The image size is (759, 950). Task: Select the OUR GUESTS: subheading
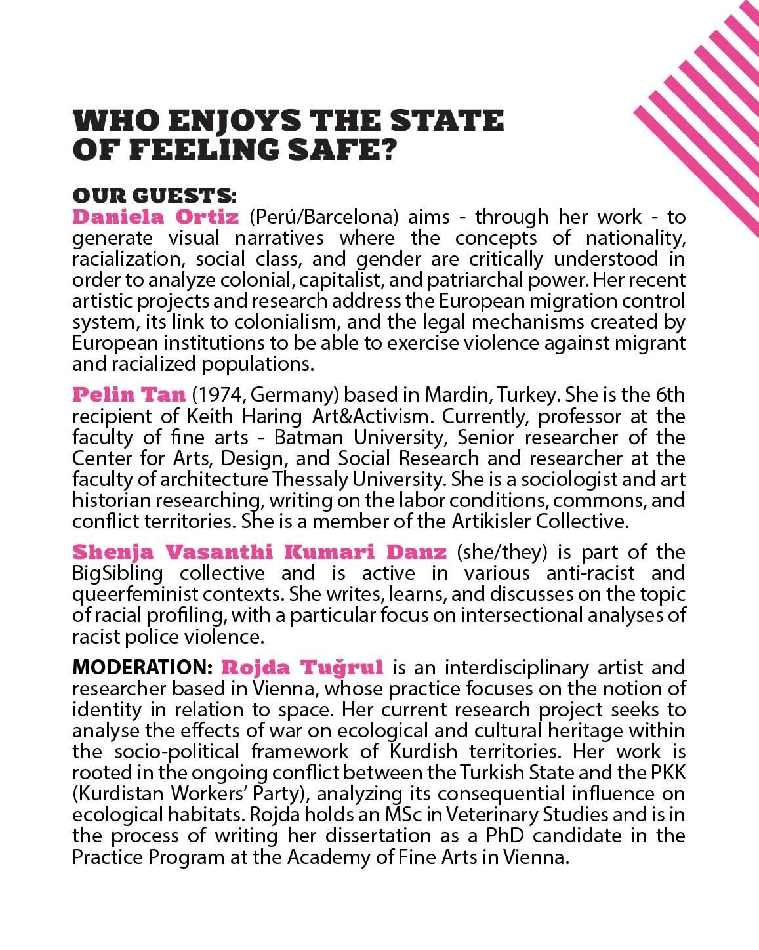155,196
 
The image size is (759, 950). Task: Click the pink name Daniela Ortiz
155,217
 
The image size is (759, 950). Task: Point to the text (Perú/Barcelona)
324,217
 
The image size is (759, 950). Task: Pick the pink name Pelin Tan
129,394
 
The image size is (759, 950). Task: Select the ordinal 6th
669,395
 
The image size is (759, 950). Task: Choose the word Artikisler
490,521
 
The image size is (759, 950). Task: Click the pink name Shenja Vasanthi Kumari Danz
259,552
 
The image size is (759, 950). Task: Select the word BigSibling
117,573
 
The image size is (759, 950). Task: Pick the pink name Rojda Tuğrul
302,667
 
